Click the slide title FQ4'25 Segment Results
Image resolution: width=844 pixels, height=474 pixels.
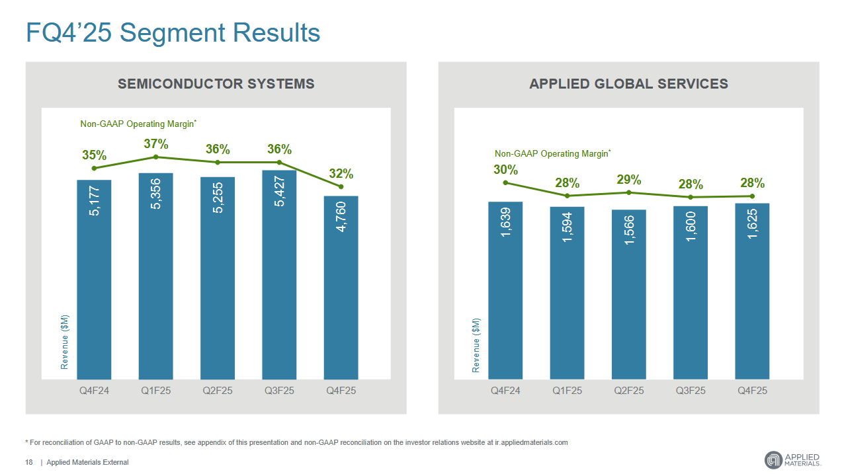(x=173, y=33)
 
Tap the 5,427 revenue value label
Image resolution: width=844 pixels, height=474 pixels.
(x=280, y=191)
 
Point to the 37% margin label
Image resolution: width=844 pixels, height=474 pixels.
(x=156, y=143)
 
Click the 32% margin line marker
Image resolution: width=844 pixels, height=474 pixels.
(x=341, y=187)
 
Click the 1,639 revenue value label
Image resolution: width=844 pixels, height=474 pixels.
(x=505, y=223)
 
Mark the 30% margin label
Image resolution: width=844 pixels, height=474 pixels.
(x=505, y=170)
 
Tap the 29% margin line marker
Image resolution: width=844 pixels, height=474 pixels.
(x=629, y=192)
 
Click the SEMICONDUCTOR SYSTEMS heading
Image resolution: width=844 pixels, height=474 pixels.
(x=216, y=84)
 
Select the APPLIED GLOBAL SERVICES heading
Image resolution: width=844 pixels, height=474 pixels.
(x=628, y=84)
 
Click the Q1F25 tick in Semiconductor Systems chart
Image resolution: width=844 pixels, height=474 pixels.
(x=156, y=391)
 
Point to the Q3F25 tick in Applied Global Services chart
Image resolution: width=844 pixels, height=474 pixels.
(x=691, y=391)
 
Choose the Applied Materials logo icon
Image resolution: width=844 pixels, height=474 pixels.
(x=773, y=460)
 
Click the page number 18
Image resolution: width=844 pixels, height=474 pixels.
(x=29, y=462)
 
